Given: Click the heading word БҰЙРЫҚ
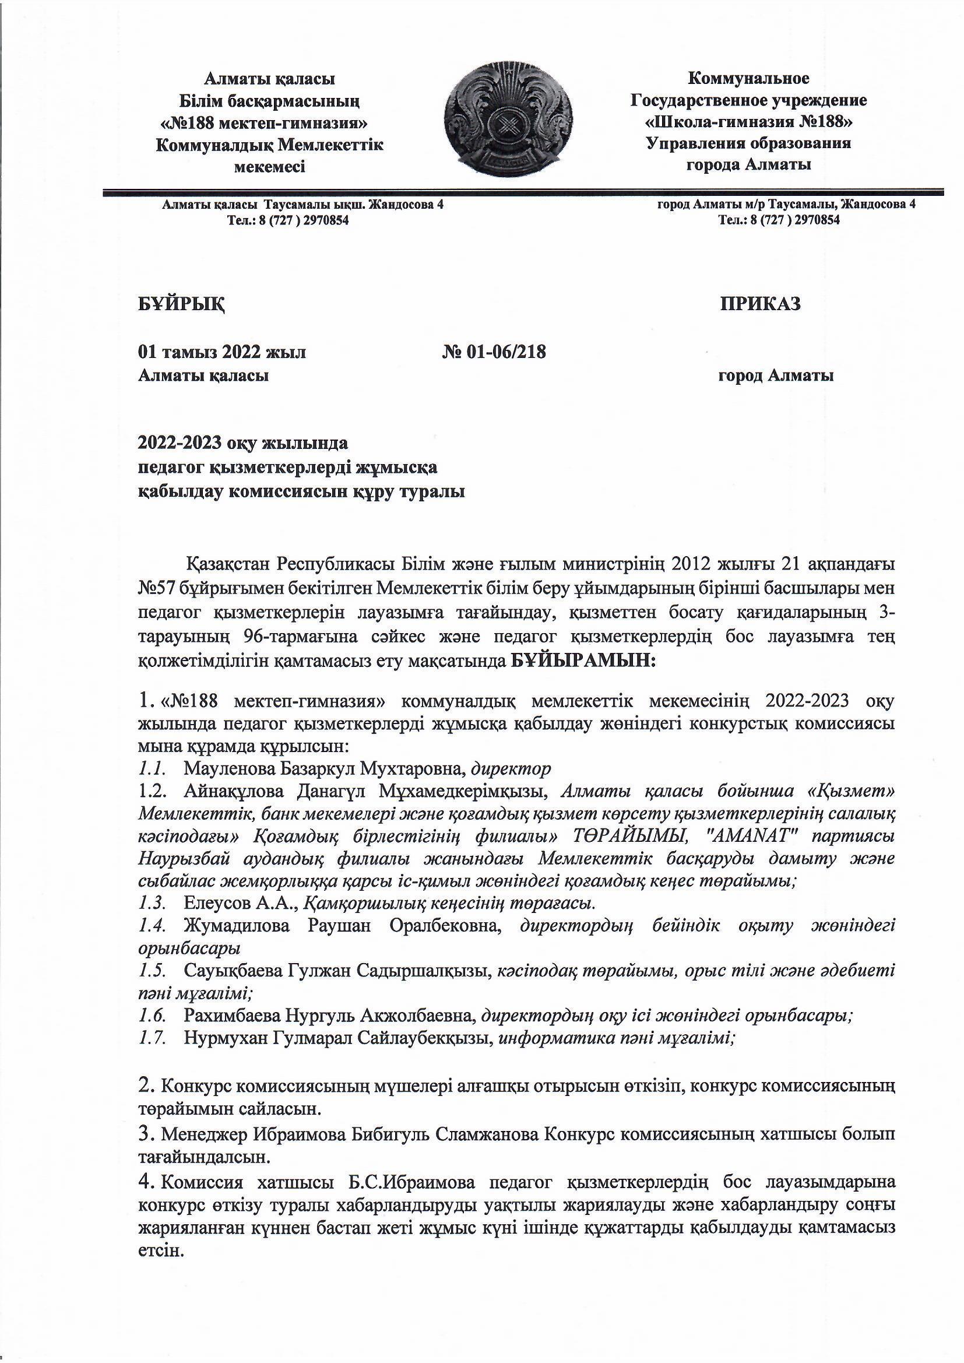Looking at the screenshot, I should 182,304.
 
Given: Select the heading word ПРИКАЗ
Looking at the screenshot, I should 761,303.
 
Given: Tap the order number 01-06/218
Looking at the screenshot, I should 504,352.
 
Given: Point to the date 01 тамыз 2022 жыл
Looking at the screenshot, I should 222,352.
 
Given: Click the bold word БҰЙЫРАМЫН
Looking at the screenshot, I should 583,661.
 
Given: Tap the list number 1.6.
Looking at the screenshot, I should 152,1015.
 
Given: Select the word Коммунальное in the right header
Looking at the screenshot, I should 748,78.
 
